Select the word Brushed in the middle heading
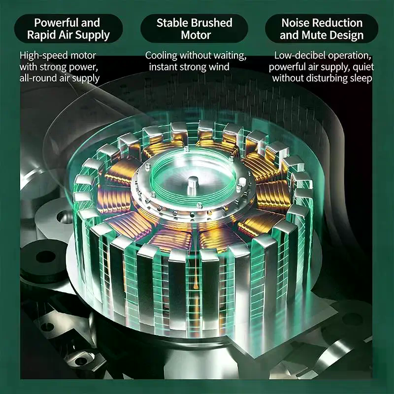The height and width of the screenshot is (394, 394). (x=211, y=23)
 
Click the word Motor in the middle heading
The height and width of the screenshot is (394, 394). (x=196, y=35)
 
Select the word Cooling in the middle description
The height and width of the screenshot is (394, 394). (x=161, y=56)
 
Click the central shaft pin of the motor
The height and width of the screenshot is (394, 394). (x=193, y=185)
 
